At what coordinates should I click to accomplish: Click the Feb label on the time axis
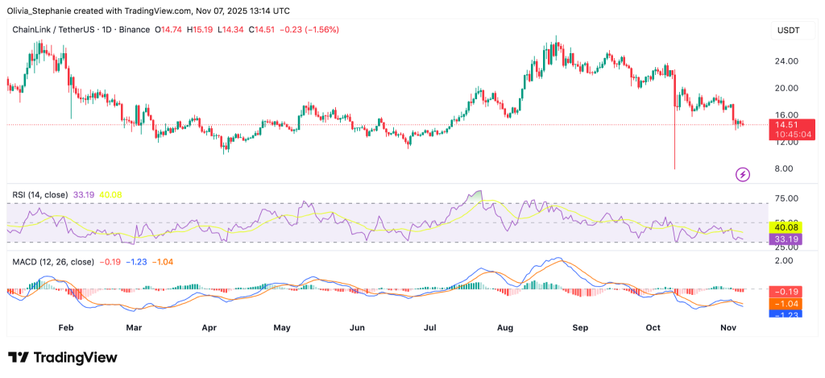[66, 328]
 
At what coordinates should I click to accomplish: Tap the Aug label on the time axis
[505, 328]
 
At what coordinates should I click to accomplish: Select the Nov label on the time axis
[728, 328]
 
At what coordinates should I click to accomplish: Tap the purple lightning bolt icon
[743, 173]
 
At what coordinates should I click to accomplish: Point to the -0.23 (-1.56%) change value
[309, 30]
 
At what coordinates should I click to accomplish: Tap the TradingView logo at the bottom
[63, 357]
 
